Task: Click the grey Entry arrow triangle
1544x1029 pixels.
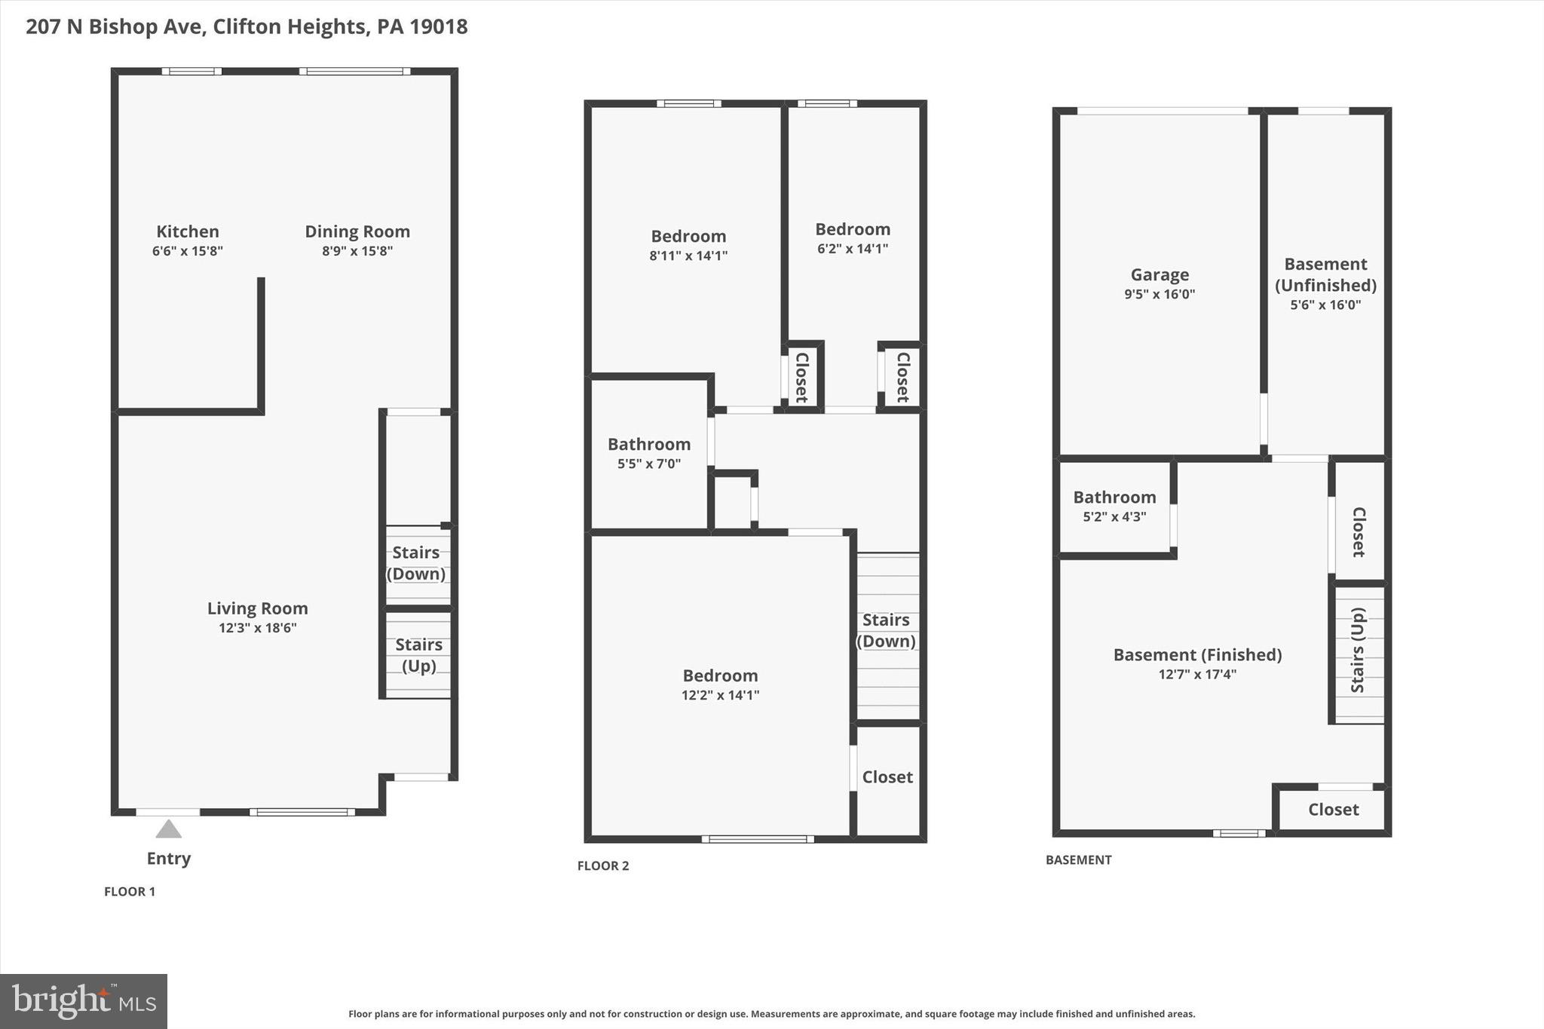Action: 168,829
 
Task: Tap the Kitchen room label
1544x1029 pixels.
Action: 188,231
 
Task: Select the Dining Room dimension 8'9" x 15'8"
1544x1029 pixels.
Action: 357,251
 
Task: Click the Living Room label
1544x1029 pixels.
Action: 257,608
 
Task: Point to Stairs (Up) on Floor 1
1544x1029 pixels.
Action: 418,654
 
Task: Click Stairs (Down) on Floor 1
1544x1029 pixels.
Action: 416,562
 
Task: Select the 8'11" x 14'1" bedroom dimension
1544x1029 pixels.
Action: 688,256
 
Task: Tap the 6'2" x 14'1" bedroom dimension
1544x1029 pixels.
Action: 853,249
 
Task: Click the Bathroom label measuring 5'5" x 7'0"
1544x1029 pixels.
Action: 649,444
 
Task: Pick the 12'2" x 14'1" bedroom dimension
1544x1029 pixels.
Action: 720,695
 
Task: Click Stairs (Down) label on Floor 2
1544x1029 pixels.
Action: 886,630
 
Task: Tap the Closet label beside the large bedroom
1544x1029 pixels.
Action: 887,776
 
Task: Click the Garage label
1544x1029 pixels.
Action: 1160,274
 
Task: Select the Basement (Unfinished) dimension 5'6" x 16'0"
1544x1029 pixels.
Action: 1325,305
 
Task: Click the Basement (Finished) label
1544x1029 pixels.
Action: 1197,654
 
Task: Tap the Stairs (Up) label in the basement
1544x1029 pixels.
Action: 1358,650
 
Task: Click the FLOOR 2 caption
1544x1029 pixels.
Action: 603,865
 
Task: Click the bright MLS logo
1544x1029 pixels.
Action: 84,1001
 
